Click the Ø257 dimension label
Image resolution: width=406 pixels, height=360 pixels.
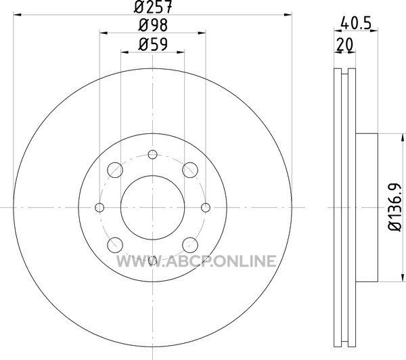153,7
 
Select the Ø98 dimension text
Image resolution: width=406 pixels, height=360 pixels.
153,26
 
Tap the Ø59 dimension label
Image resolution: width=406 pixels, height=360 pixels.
153,45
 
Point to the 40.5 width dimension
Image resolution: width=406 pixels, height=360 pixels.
356,23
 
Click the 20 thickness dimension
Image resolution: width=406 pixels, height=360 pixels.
344,45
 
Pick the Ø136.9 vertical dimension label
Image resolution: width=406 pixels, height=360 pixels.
395,207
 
